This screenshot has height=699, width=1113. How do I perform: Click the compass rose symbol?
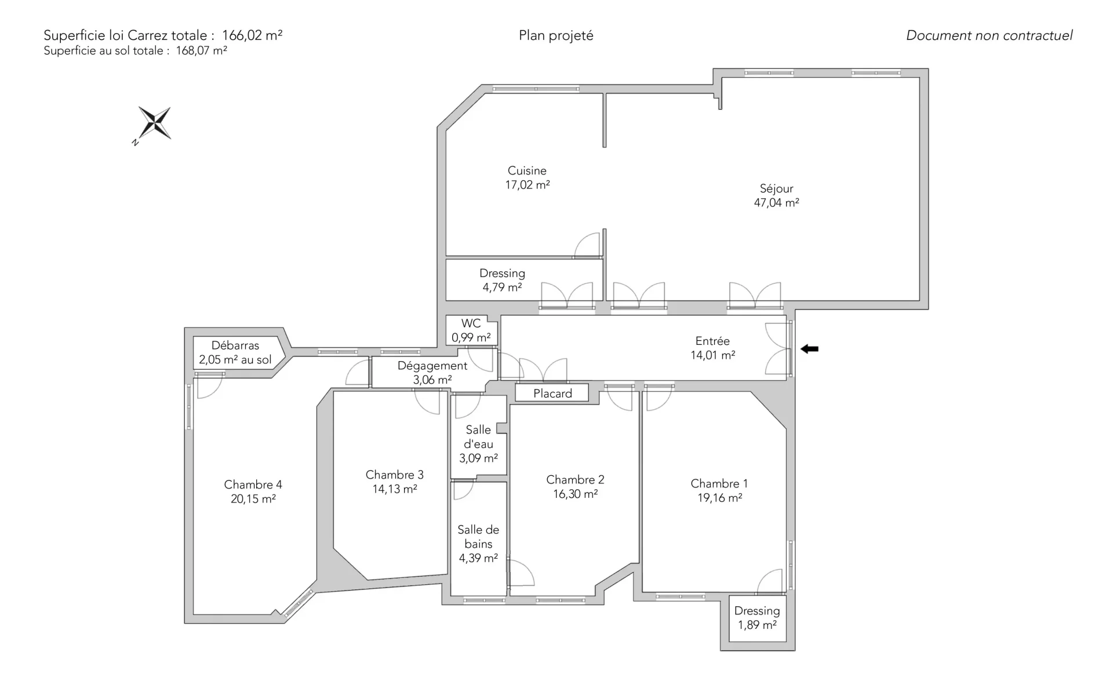[155, 123]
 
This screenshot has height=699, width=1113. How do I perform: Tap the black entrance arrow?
[809, 349]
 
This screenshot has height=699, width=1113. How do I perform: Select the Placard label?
[552, 394]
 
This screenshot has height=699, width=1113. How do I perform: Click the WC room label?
[471, 323]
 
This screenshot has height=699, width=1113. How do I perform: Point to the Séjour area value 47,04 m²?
[776, 203]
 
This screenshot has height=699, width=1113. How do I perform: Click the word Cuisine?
[527, 170]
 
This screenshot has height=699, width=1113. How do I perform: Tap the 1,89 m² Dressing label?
[757, 618]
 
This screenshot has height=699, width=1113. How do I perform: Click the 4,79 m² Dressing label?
[502, 280]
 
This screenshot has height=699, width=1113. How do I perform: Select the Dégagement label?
[432, 373]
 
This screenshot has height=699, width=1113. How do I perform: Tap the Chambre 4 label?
[253, 485]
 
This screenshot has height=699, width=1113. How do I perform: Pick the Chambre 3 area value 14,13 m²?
[395, 489]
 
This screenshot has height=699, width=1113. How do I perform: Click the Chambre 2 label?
[575, 480]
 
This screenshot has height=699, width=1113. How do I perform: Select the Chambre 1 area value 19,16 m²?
[719, 498]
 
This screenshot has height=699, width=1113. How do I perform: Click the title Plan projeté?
[556, 36]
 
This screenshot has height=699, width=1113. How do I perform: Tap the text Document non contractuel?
[990, 35]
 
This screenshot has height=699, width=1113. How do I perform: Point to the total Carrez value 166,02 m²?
[252, 35]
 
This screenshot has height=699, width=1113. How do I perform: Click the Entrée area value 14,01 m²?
[712, 355]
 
